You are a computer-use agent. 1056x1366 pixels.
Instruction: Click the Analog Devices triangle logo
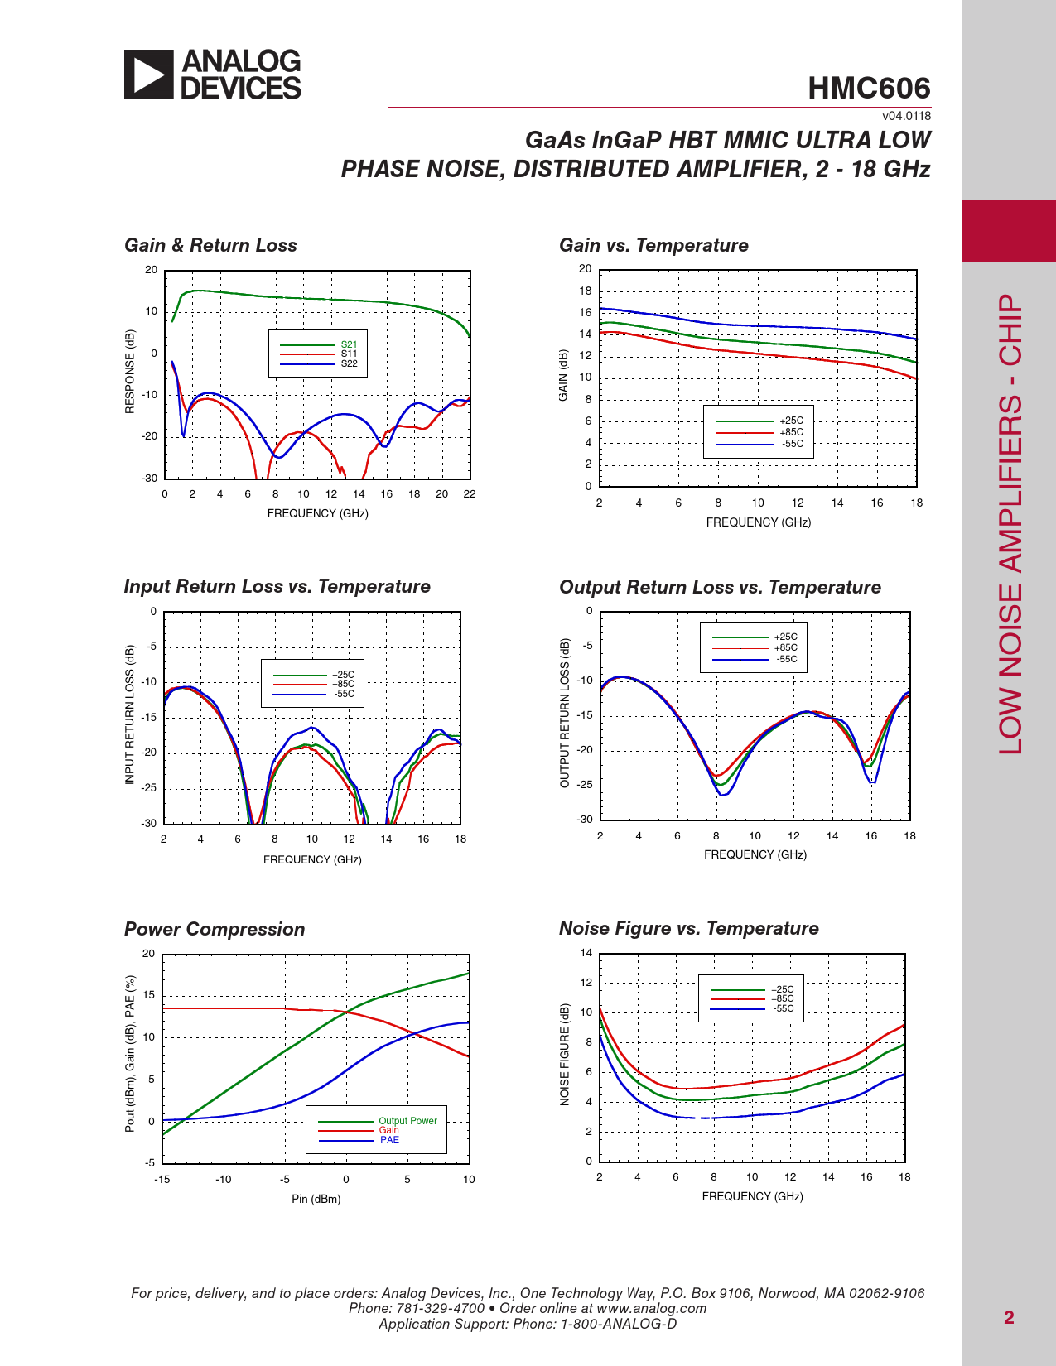click(x=148, y=75)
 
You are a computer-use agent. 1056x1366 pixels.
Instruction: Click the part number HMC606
click(x=869, y=88)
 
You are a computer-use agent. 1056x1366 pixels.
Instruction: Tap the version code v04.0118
click(x=906, y=116)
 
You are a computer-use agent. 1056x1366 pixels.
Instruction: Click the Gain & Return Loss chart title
click(x=210, y=245)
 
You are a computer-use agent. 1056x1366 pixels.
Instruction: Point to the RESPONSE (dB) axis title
click(x=129, y=372)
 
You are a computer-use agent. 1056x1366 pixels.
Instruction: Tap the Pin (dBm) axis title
click(x=316, y=1199)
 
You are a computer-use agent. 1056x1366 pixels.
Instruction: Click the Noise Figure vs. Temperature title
click(x=689, y=928)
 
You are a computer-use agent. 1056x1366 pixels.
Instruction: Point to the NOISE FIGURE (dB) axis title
click(x=564, y=1054)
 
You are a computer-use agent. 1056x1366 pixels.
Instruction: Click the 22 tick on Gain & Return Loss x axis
click(x=469, y=494)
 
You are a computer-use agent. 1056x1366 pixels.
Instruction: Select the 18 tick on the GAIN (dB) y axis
click(x=585, y=291)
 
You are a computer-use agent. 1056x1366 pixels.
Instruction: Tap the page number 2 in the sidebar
click(x=1009, y=1317)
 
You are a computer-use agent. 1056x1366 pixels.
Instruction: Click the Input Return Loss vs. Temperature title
click(x=277, y=586)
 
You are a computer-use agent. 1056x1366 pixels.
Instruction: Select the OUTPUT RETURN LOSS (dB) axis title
click(x=564, y=713)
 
